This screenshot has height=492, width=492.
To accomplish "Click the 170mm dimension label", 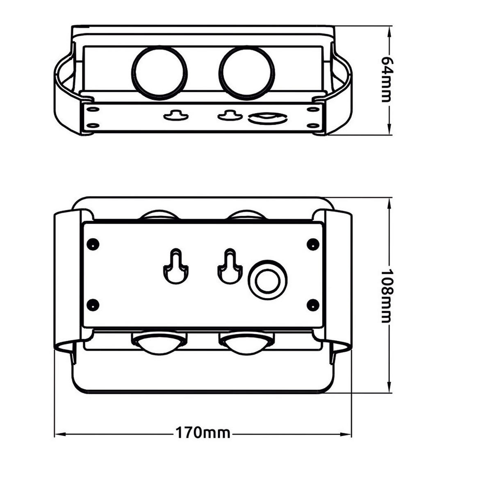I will [x=203, y=433].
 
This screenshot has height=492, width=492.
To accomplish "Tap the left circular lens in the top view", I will [x=159, y=73].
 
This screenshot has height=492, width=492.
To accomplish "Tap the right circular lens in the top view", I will [x=247, y=73].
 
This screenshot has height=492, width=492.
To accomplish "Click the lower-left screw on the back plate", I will [x=93, y=304].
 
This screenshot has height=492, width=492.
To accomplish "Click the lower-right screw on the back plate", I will [x=313, y=304].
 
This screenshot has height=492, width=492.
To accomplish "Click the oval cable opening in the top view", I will [x=267, y=119].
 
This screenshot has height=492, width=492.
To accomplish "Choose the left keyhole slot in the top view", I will [x=176, y=116].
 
